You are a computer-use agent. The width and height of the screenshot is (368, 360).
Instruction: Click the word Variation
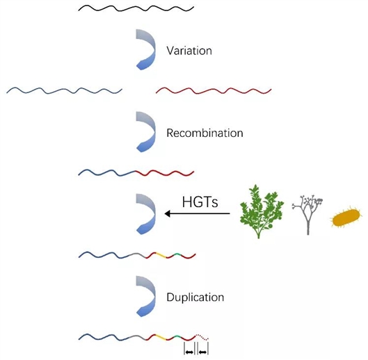[x=189, y=51]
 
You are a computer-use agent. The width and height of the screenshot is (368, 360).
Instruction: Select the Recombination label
[x=205, y=133]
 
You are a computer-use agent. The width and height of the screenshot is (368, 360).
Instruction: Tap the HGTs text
[x=200, y=202]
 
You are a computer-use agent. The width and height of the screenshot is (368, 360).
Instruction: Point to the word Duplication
[x=195, y=297]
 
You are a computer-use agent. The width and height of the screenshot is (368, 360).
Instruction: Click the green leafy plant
[x=262, y=211]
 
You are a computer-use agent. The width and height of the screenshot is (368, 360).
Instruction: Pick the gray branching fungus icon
[x=307, y=214]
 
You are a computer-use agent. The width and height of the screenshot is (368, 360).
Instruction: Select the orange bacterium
[x=346, y=219]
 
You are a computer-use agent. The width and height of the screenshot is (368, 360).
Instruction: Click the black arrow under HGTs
[x=197, y=213]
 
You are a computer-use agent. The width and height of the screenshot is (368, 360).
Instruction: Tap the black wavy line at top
[x=136, y=8]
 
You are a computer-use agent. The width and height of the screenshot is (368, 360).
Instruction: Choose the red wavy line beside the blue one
[x=214, y=90]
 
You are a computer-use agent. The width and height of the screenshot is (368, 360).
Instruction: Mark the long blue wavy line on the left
[x=64, y=90]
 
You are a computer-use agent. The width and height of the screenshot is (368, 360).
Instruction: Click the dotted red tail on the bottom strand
[x=202, y=337]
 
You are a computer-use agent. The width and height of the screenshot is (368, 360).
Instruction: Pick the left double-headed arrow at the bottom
[x=189, y=352]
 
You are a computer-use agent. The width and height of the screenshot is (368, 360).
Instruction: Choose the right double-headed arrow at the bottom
[x=203, y=352]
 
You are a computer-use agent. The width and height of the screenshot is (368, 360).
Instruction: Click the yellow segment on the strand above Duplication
[x=161, y=255]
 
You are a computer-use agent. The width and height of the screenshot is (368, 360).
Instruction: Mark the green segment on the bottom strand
[x=177, y=337]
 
